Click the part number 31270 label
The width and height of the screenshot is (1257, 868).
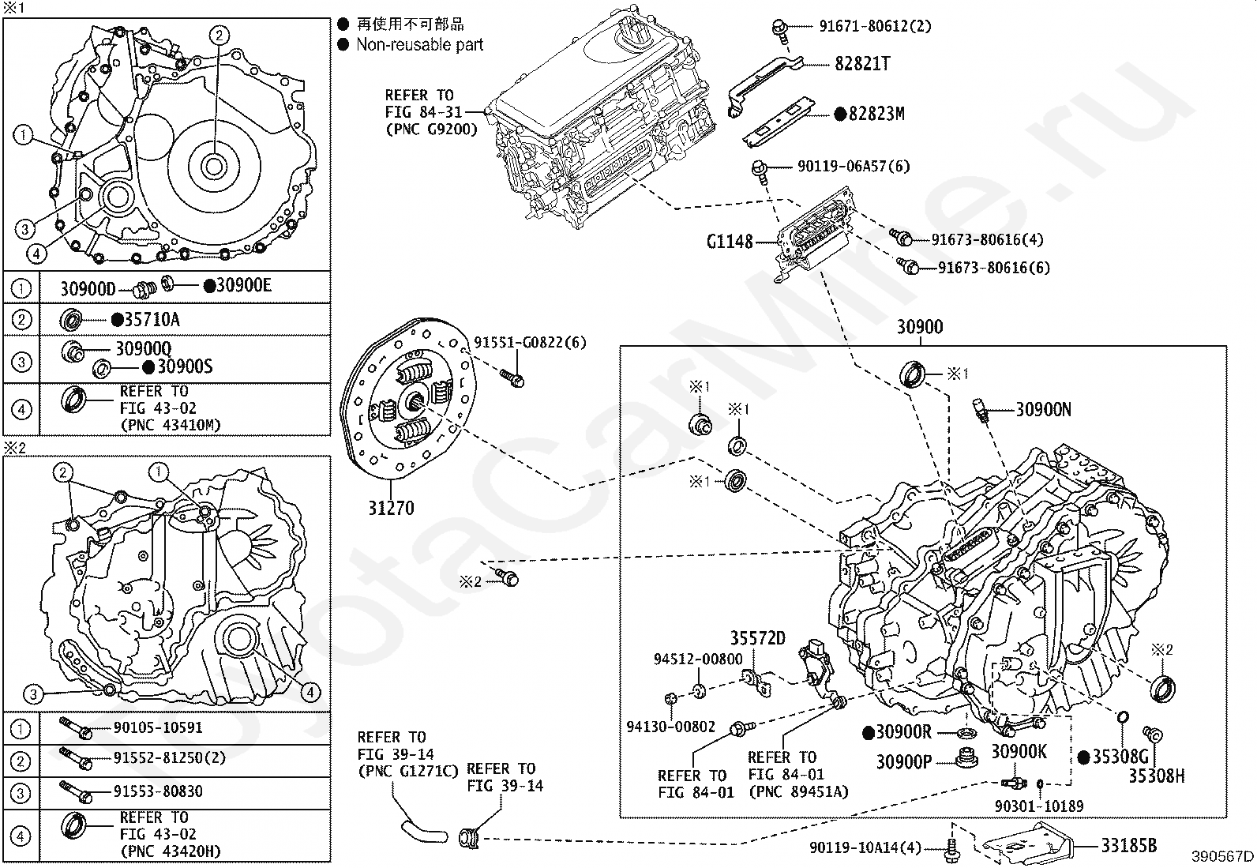point(390,508)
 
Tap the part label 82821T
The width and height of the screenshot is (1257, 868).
point(862,64)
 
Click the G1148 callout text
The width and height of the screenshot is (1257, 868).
point(730,242)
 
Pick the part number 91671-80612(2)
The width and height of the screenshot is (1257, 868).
point(875,26)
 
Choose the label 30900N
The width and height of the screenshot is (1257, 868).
point(1043,409)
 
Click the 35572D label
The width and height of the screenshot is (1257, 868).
point(757,638)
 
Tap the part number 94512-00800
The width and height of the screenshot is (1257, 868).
point(697,659)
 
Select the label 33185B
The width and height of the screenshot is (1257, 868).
point(1128,846)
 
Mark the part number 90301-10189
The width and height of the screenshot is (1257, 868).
point(1038,806)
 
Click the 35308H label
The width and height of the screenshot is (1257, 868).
point(1156,776)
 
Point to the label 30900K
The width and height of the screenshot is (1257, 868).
point(1019,752)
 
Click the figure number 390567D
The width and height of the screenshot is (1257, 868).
point(1222,856)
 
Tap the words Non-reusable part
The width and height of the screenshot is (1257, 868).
point(419,45)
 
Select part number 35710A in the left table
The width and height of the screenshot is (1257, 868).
point(152,320)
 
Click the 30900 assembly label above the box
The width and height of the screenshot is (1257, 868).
point(920,327)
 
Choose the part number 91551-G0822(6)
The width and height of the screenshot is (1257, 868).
point(530,343)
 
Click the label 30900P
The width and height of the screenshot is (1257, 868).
point(905,761)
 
